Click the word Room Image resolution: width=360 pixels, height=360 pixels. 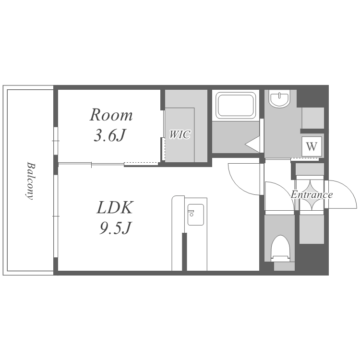pyautogui.click(x=111, y=115)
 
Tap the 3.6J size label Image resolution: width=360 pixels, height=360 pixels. pyautogui.click(x=110, y=135)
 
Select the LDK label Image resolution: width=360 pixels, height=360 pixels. pyautogui.click(x=115, y=207)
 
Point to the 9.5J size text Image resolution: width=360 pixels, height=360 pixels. pyautogui.click(x=115, y=228)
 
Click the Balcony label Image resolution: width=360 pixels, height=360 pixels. pyautogui.click(x=30, y=181)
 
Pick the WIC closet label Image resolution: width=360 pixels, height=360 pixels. pyautogui.click(x=180, y=134)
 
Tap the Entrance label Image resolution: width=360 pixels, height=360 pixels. pyautogui.click(x=312, y=195)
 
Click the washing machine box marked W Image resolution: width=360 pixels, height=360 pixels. pyautogui.click(x=312, y=146)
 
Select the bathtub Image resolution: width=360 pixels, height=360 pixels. pyautogui.click(x=236, y=106)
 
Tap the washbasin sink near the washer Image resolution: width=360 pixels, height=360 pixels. pyautogui.click(x=279, y=99)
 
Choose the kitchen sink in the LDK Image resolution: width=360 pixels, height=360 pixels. pyautogui.click(x=196, y=215)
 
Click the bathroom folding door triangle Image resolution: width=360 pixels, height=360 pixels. pyautogui.click(x=252, y=144)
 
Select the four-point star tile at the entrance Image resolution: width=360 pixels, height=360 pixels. pyautogui.click(x=312, y=195)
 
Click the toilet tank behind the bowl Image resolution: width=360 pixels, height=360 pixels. pyautogui.click(x=284, y=266)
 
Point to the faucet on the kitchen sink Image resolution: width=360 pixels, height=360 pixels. pyautogui.click(x=191, y=213)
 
